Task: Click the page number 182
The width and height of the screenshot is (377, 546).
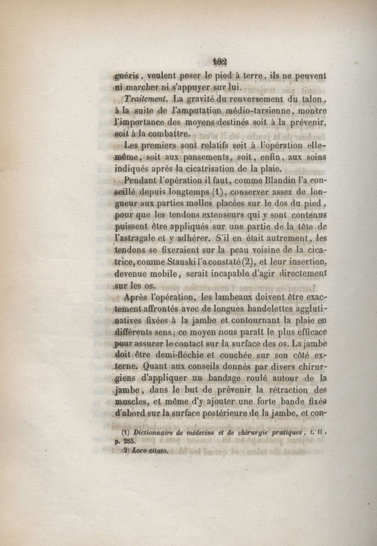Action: coord(220,62)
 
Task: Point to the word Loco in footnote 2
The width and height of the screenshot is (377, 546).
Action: coord(141,451)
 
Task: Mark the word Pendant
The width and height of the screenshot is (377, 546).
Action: coord(140,180)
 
